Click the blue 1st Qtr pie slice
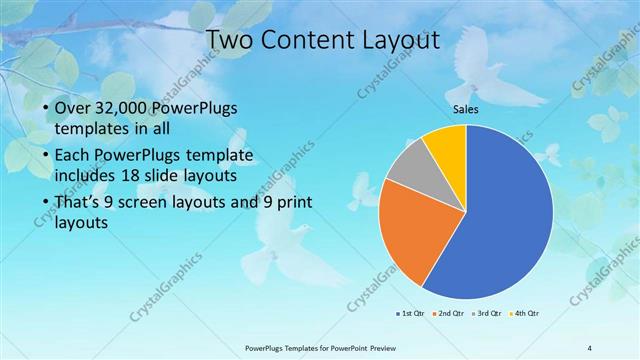point(500,220)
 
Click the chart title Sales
point(466,109)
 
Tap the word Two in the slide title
point(230,40)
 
